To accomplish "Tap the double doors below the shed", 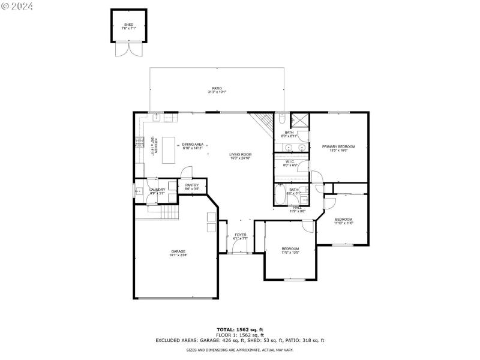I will pyautogui.click(x=129, y=50).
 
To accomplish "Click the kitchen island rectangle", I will pyautogui.click(x=169, y=149).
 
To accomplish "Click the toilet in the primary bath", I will pyautogui.click(x=282, y=119).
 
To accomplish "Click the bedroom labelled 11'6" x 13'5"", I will pyautogui.click(x=290, y=250).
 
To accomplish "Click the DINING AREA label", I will pyautogui.click(x=193, y=145).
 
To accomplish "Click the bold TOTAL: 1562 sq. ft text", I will pyautogui.click(x=240, y=329).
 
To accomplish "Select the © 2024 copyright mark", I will pyautogui.click(x=17, y=6).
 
